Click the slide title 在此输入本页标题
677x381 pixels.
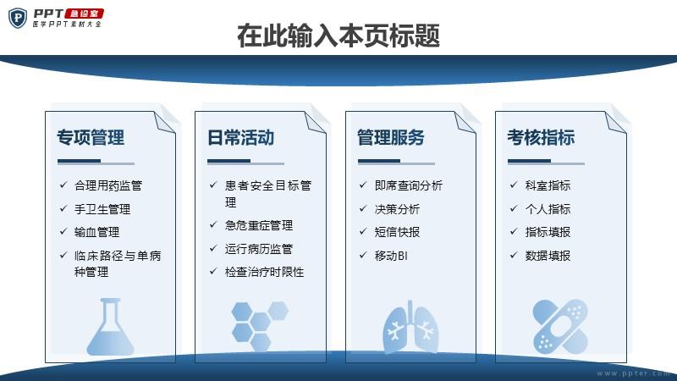338,36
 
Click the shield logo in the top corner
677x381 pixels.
18,18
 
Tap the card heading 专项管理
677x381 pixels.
91,138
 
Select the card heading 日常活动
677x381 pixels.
241,138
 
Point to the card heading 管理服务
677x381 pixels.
391,138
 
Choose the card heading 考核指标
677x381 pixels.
541,138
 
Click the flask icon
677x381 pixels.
111,327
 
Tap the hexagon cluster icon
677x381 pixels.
260,326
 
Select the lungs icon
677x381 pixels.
410,327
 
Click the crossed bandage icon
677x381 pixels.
560,326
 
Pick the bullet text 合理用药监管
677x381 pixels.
108,185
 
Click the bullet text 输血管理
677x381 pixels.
96,232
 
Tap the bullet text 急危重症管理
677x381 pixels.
259,225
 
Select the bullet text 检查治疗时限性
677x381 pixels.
264,272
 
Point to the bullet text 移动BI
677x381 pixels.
391,256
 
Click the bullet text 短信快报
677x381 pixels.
397,232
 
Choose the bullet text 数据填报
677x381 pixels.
548,256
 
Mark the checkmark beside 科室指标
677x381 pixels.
514,185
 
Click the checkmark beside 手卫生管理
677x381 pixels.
63,208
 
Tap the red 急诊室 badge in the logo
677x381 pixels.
84,14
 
